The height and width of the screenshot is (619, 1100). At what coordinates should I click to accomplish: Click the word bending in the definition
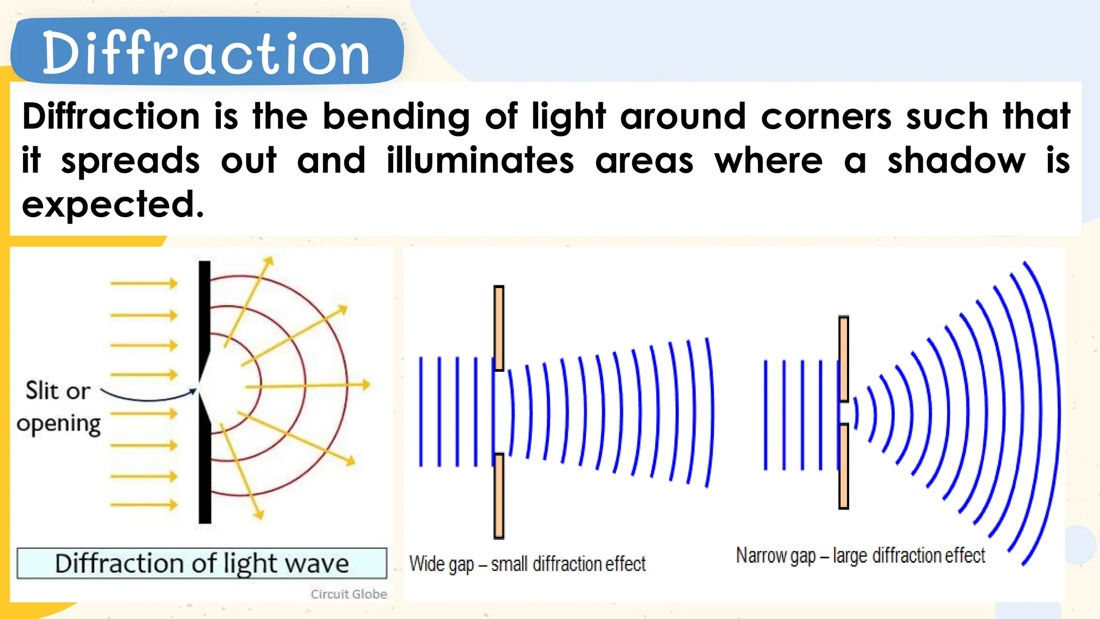pyautogui.click(x=396, y=117)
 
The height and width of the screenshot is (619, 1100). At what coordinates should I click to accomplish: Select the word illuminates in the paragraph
pyautogui.click(x=480, y=161)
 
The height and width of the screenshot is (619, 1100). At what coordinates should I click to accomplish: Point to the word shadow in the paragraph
pyautogui.click(x=956, y=161)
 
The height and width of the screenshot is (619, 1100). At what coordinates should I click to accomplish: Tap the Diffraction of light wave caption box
pyautogui.click(x=201, y=563)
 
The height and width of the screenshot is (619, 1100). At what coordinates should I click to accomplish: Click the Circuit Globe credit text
pyautogui.click(x=349, y=594)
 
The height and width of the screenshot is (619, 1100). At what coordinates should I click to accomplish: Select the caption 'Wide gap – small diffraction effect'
pyautogui.click(x=527, y=564)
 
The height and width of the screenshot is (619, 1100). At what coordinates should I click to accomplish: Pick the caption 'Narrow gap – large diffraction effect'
pyautogui.click(x=860, y=556)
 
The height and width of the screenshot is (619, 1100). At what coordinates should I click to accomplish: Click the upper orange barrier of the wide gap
pyautogui.click(x=498, y=328)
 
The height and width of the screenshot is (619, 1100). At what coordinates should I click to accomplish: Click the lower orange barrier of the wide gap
pyautogui.click(x=498, y=495)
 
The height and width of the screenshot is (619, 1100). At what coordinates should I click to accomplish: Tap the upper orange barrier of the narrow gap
pyautogui.click(x=843, y=358)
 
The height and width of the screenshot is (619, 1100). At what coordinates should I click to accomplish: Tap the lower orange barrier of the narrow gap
pyautogui.click(x=843, y=466)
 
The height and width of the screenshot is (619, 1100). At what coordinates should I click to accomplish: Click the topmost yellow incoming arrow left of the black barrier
pyautogui.click(x=143, y=283)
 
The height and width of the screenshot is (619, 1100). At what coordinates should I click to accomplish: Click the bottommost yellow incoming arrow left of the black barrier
pyautogui.click(x=143, y=505)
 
